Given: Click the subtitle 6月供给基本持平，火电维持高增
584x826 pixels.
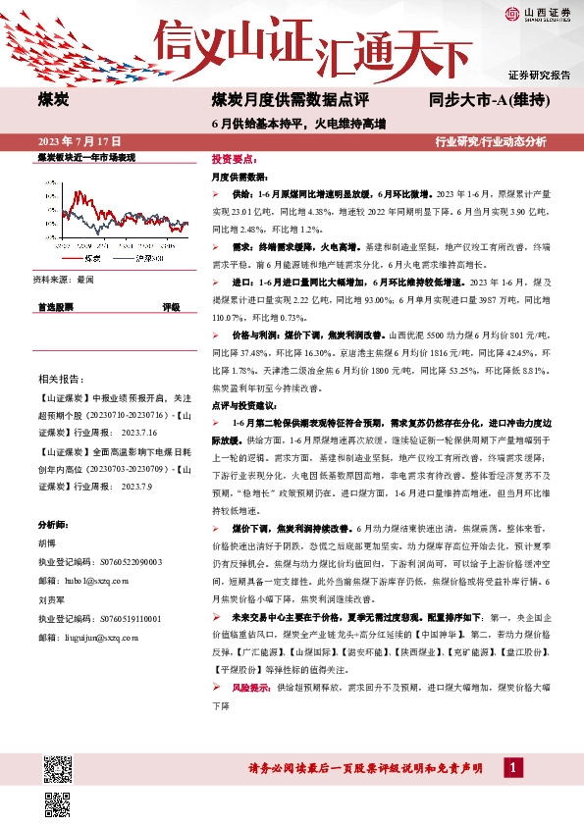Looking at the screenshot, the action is tap(298, 124).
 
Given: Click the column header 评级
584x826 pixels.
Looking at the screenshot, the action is tap(171, 307).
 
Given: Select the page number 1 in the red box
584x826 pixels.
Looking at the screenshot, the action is tap(512, 767).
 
